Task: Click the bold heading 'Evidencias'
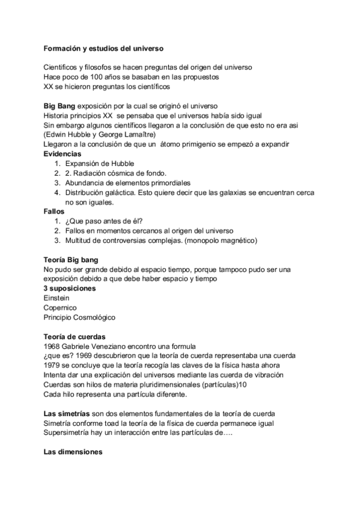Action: point(64,155)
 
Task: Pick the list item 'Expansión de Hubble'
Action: point(100,164)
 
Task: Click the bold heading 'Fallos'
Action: point(54,212)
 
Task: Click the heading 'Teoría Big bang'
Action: point(71,259)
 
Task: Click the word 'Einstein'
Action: point(56,298)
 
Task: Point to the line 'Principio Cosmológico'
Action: point(79,317)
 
